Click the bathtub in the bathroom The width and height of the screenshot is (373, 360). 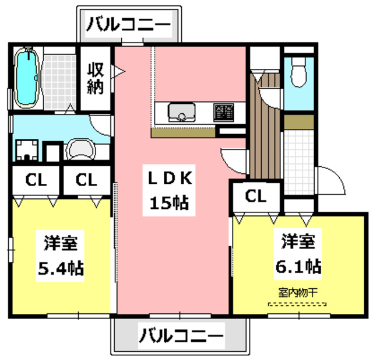[26, 78]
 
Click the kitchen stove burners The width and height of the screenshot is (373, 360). [223, 111]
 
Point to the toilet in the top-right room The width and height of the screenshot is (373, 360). [298, 74]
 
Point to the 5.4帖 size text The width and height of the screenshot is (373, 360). [60, 268]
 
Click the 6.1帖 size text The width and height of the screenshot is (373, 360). [298, 265]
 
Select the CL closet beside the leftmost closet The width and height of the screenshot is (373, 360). [86, 180]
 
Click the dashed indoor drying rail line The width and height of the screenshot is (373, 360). [297, 304]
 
